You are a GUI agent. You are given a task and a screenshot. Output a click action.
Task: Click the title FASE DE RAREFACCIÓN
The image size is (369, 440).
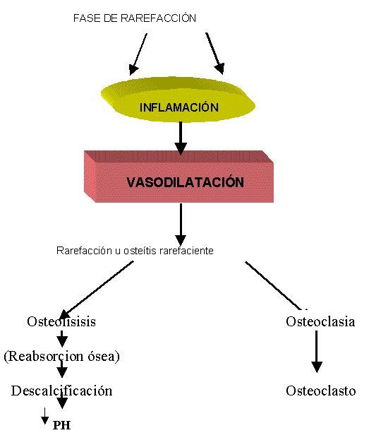(135, 18)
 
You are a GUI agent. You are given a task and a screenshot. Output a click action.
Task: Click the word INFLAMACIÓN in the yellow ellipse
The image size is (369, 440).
(179, 107)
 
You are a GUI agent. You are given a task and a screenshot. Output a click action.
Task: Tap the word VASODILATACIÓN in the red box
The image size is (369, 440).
(185, 182)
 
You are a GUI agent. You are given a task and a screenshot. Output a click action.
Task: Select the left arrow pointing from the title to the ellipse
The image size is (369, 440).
(138, 54)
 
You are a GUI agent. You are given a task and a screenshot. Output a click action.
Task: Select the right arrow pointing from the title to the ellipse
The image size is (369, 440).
(214, 54)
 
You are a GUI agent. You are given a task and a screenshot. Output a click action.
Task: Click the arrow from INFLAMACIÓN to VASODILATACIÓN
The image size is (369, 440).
(181, 138)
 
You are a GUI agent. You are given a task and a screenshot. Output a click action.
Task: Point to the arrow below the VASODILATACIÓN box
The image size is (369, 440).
(181, 225)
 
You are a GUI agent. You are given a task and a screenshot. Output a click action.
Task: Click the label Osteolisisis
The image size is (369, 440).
(61, 321)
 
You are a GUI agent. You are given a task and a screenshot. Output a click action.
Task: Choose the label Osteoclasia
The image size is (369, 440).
(320, 321)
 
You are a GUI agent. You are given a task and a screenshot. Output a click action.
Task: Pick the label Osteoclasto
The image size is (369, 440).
(321, 391)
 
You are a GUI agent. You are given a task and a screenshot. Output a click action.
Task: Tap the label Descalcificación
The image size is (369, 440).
(61, 391)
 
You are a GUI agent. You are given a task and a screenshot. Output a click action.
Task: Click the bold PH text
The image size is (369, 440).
(61, 425)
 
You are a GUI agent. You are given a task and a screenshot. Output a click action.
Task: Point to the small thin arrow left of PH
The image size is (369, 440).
(44, 416)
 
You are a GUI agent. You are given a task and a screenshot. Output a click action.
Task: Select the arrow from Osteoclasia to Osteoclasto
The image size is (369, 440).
(317, 351)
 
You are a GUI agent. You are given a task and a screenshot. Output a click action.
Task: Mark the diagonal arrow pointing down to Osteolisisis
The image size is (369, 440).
(96, 290)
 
